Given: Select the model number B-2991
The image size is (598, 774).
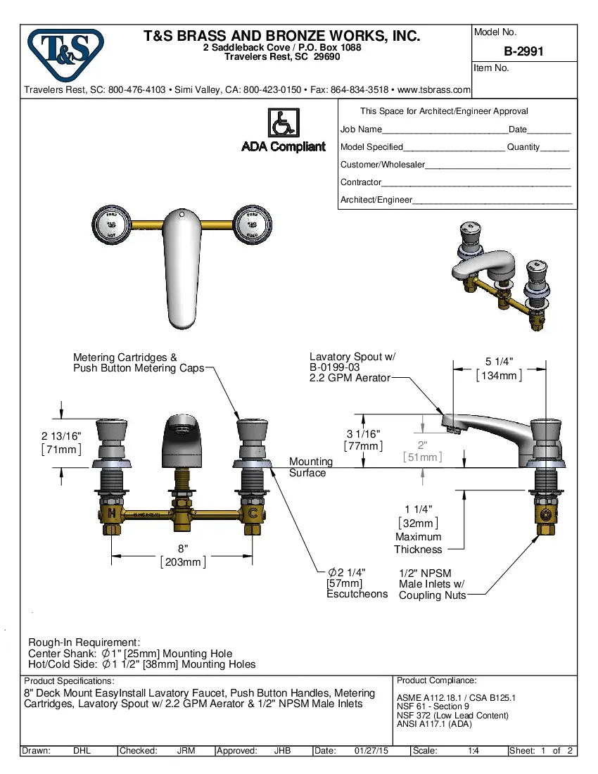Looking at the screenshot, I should (523, 51).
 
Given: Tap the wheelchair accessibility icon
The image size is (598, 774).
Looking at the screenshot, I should (284, 123).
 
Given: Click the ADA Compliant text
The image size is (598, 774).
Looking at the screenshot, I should (284, 146).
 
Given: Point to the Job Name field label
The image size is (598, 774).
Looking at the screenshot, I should (361, 129).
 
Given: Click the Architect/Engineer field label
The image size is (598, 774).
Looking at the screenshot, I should (376, 200).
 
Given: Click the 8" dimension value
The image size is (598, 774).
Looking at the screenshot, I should (182, 548).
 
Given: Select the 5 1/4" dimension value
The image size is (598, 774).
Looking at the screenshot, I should (499, 362).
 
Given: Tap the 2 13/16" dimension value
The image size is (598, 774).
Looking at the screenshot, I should (61, 436).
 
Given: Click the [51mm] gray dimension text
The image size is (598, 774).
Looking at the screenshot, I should (422, 457).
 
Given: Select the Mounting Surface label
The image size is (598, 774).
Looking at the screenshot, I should (310, 467).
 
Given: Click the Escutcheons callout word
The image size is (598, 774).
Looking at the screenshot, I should (357, 594).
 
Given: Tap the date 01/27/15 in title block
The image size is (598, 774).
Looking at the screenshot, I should (371, 751).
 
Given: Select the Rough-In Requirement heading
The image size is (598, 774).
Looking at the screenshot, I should (84, 642).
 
